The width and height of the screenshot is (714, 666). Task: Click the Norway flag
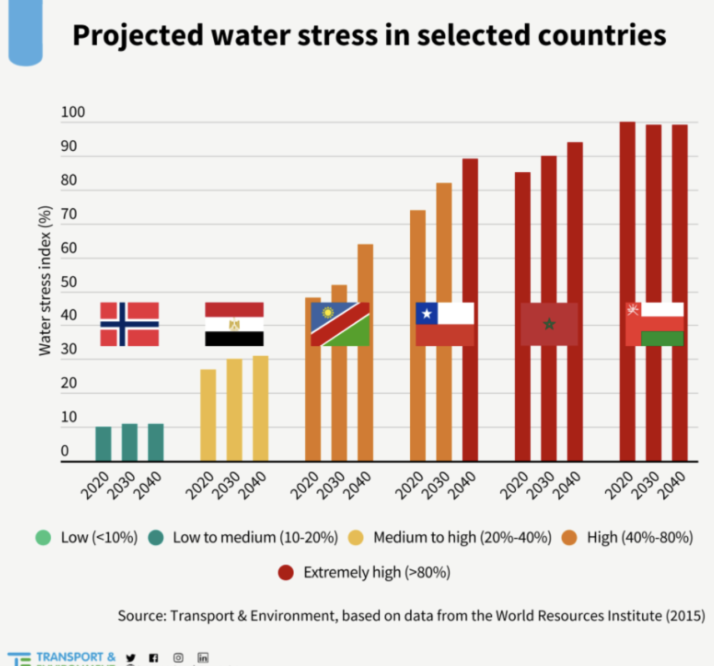click(129, 324)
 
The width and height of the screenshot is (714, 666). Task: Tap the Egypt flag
click(234, 324)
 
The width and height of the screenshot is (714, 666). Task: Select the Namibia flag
click(340, 324)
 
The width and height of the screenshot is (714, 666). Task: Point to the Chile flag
click(445, 324)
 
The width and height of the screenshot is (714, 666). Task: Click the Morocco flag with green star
click(549, 324)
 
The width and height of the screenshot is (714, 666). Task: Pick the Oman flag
click(654, 324)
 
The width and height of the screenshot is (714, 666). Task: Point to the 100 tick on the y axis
click(73, 112)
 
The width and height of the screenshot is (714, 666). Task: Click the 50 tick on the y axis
click(69, 282)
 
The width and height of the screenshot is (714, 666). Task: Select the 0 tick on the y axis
click(65, 451)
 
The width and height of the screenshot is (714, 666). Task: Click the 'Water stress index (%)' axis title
click(45, 281)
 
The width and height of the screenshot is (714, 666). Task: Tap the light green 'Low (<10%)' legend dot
click(43, 538)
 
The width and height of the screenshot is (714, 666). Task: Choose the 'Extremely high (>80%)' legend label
click(376, 572)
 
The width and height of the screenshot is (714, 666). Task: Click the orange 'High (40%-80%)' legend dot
click(569, 538)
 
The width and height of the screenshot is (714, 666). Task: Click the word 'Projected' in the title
click(138, 36)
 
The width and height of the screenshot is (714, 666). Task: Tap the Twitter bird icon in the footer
click(130, 658)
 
